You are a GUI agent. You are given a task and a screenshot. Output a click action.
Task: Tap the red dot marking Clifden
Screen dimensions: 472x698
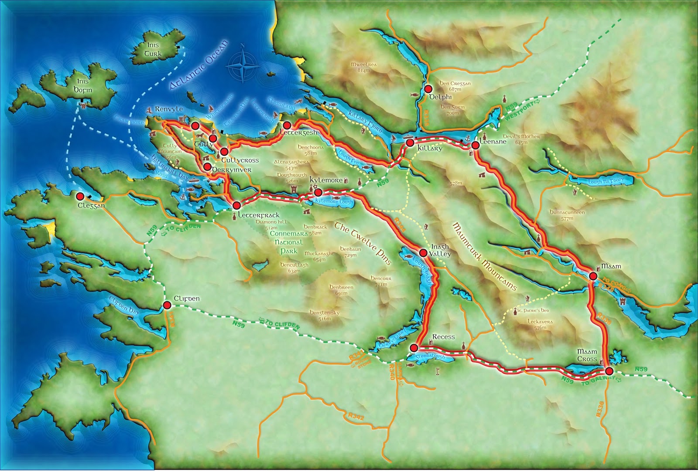click(x=167, y=305)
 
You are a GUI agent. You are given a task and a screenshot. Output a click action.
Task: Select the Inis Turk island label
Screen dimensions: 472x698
click(x=153, y=49)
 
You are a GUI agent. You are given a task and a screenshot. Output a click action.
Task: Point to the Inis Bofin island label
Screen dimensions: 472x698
click(x=82, y=85)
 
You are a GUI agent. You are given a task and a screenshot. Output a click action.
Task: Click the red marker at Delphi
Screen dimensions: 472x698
click(x=428, y=89)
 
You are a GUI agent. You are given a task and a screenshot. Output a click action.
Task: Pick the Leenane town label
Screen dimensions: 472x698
click(x=493, y=142)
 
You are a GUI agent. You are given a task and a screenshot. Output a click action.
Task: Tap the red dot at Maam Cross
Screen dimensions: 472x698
click(x=609, y=371)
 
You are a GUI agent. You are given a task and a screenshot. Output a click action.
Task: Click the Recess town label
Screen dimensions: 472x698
click(x=443, y=337)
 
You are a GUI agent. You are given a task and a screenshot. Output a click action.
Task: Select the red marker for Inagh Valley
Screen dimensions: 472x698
click(x=423, y=252)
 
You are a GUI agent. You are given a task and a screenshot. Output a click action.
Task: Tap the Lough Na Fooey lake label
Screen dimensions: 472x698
click(x=606, y=181)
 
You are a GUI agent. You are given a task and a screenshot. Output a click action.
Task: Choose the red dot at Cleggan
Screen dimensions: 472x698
click(x=80, y=196)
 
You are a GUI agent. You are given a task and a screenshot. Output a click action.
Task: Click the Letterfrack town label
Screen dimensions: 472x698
click(x=259, y=215)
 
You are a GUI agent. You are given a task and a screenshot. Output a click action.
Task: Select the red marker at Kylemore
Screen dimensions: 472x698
click(x=318, y=192)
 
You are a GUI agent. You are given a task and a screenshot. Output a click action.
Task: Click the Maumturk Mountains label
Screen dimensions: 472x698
click(x=484, y=256)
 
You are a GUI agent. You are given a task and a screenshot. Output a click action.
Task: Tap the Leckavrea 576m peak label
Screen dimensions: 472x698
click(x=540, y=324)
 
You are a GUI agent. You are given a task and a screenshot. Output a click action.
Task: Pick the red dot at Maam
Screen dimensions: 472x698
click(x=593, y=276)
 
